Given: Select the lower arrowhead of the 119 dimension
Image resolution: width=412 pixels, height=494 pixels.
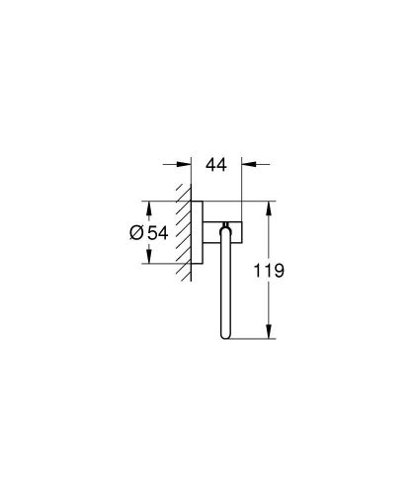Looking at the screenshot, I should click(x=267, y=336).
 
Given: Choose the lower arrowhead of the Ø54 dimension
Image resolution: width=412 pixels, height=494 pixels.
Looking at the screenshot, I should click(x=147, y=260).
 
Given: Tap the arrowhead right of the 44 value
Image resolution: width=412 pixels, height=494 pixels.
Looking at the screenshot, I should click(x=247, y=166).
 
